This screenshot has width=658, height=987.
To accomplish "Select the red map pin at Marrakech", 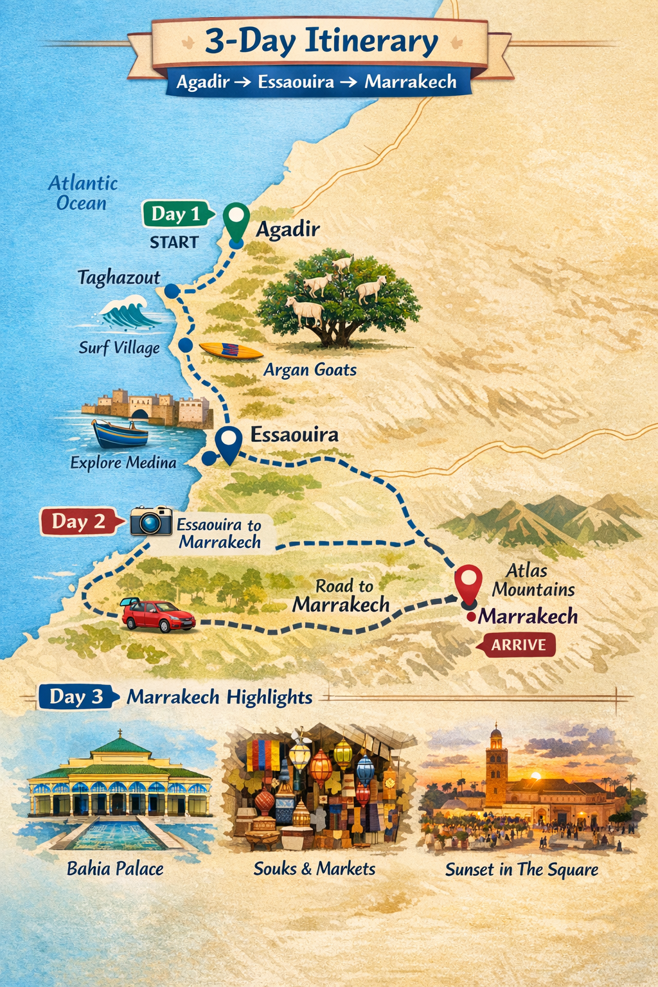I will tap(468, 582).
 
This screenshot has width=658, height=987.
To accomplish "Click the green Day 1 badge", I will tap(175, 214).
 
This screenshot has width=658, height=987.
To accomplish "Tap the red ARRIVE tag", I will tap(518, 645).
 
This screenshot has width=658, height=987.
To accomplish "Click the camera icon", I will tap(151, 520).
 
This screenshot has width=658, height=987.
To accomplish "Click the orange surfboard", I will tap(231, 351).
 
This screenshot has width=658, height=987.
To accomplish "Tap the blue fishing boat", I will tap(120, 434).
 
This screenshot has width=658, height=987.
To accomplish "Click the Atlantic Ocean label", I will tap(82, 193).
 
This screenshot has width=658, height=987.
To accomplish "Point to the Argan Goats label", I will tap(310, 369).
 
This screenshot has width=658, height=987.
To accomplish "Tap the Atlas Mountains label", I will tap(533, 580).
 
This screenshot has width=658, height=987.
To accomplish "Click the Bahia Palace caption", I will tap(115, 869).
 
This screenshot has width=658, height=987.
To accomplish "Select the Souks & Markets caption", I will tap(314, 869).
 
